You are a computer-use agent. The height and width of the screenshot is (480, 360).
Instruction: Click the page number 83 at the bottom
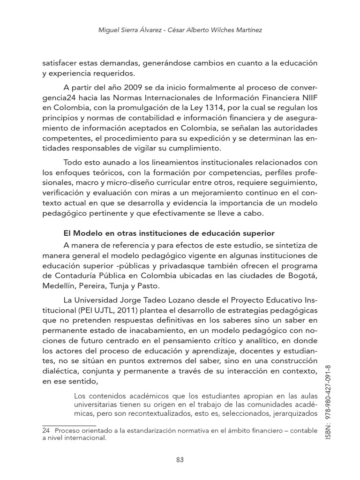pos(180,459)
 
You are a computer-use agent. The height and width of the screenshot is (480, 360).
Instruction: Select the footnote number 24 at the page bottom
pos(46,430)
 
